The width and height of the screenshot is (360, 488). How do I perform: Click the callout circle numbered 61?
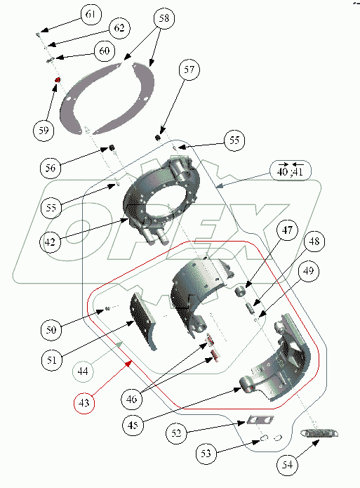click(91, 14)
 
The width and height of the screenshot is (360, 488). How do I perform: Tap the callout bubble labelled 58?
click(164, 18)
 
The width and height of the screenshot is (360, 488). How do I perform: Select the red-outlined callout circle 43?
click(84, 403)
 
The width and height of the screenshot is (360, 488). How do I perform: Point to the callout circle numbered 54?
click(287, 465)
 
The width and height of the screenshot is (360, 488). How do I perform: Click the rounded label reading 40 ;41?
click(291, 170)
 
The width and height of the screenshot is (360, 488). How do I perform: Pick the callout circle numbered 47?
click(287, 230)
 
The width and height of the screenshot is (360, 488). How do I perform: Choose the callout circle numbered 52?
click(176, 433)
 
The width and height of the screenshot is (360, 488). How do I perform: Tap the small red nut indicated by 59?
click(58, 80)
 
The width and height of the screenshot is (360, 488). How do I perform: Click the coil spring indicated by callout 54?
click(319, 433)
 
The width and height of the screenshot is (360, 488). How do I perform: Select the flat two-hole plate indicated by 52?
click(260, 420)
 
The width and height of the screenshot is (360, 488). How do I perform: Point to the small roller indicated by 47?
click(239, 293)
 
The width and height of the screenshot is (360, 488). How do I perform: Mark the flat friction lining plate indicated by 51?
click(143, 321)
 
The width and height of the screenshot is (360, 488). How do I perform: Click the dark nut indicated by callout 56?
click(112, 147)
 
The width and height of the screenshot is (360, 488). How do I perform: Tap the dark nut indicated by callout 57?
click(158, 137)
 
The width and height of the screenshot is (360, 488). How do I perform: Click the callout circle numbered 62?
click(119, 28)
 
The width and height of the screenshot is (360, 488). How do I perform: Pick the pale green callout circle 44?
click(83, 371)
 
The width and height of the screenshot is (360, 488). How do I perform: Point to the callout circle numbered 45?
click(133, 425)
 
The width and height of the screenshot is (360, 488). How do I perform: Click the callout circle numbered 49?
click(308, 271)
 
